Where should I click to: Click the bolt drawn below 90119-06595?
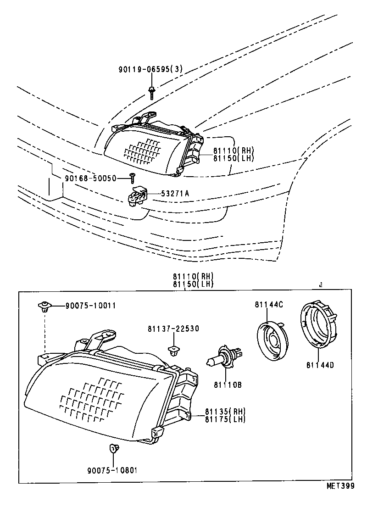point(151,92)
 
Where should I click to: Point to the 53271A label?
point(175,194)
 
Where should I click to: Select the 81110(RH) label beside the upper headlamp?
point(233,151)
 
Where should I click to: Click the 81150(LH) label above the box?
point(193,284)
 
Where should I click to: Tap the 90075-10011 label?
point(90,305)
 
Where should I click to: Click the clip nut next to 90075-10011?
point(44,306)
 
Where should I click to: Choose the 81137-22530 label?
point(173,329)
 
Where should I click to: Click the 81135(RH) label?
point(226,411)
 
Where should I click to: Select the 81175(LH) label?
point(226,418)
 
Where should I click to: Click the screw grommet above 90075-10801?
point(113,448)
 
